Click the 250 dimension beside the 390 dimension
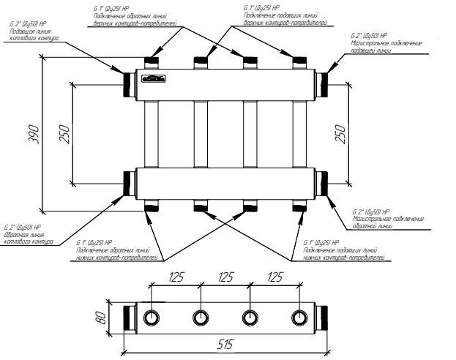pyautogui.click(x=64, y=131)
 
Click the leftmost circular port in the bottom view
pyautogui.click(x=151, y=318)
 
